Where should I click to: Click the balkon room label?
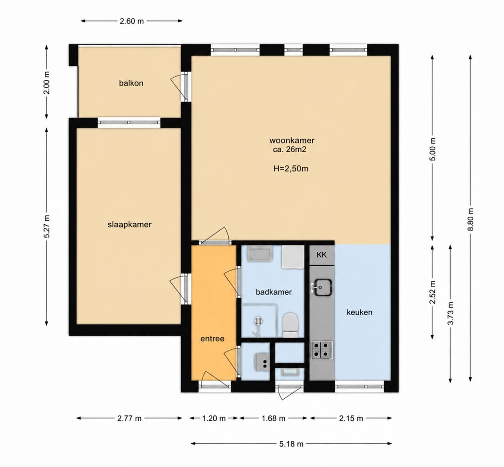(131, 83)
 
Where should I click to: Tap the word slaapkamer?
(130, 225)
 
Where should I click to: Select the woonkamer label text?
(292, 141)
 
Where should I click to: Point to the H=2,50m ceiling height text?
(291, 169)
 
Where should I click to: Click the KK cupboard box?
(322, 255)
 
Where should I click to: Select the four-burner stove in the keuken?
(322, 350)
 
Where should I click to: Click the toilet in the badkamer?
(290, 325)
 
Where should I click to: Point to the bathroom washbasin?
(260, 254)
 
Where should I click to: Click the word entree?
(212, 339)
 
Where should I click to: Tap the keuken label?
(359, 312)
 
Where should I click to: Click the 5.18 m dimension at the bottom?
(292, 444)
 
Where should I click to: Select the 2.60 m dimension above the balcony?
(132, 21)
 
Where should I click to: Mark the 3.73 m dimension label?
(450, 313)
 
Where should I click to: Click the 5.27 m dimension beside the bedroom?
(47, 226)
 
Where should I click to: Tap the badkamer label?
(274, 292)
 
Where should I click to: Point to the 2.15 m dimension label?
(351, 418)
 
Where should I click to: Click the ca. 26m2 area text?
(288, 149)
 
